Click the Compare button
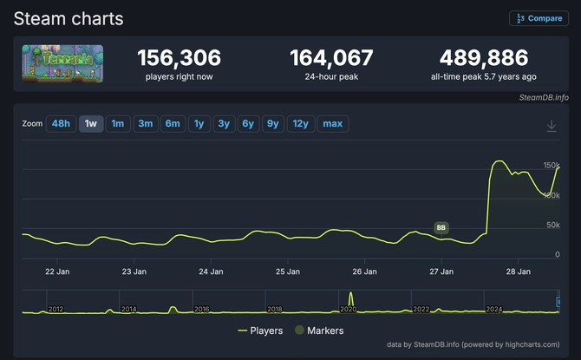coord(539,18)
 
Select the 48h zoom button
coord(61,124)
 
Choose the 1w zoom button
coord(90,124)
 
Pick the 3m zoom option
coord(145,124)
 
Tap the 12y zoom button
coord(300,124)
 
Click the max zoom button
coord(332,124)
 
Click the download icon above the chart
coord(552,126)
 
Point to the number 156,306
coord(179,59)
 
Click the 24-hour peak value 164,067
coord(331,59)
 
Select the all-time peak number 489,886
coord(483,59)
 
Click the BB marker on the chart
coord(441,228)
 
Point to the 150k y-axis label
coord(552,165)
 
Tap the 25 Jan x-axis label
coord(288,272)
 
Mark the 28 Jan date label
coord(518,272)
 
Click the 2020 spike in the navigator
coord(351,299)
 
